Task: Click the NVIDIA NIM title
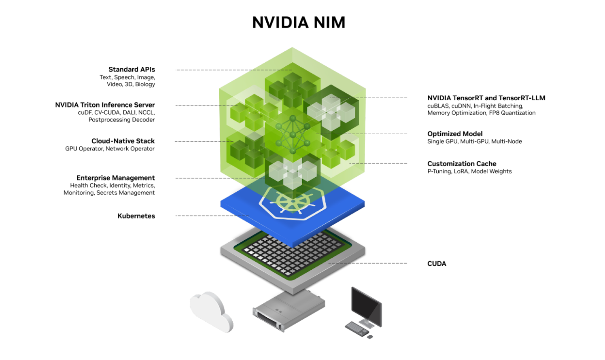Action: point(299,23)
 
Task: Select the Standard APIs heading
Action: point(132,70)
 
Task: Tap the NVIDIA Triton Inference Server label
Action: point(105,105)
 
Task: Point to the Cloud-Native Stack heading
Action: point(123,141)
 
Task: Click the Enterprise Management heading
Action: point(115,178)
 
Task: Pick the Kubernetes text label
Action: point(136,216)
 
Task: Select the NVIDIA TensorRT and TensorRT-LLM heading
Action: point(486,98)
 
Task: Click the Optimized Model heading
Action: point(455,134)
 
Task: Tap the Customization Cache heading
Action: point(462,164)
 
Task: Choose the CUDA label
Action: point(437,264)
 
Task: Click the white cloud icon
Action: point(210,311)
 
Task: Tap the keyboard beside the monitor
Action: point(357,328)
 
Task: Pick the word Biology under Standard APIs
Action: point(145,85)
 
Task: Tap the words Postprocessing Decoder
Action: point(121,120)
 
